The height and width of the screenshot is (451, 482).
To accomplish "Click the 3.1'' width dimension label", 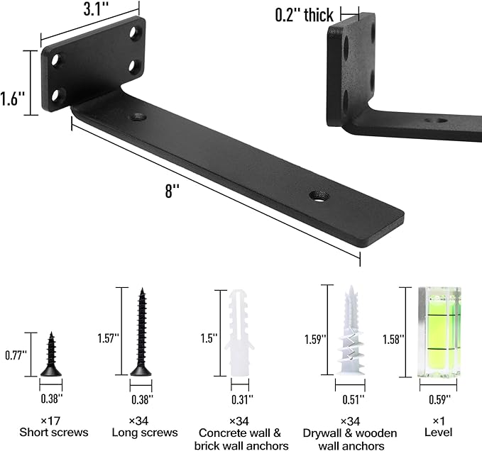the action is (x=96, y=9).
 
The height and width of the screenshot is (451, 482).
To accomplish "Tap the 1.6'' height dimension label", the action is (x=12, y=99).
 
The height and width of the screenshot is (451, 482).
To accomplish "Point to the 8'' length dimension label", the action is (x=172, y=191).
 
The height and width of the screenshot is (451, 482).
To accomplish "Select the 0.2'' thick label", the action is (x=304, y=15).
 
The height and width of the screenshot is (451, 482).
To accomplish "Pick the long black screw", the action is (x=141, y=332).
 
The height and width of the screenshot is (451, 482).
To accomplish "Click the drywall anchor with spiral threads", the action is (x=351, y=330).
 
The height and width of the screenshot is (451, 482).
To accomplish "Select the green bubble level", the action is (x=439, y=332).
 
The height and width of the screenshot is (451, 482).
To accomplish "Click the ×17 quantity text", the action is (x=50, y=421).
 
